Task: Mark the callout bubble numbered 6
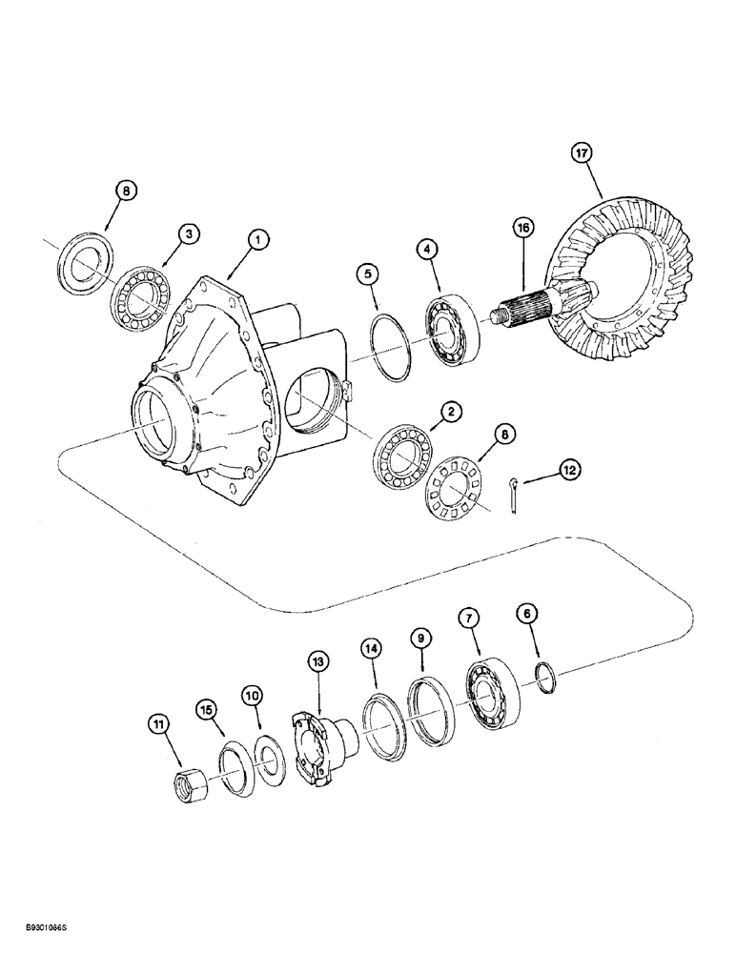[525, 615]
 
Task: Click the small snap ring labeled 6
[544, 679]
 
